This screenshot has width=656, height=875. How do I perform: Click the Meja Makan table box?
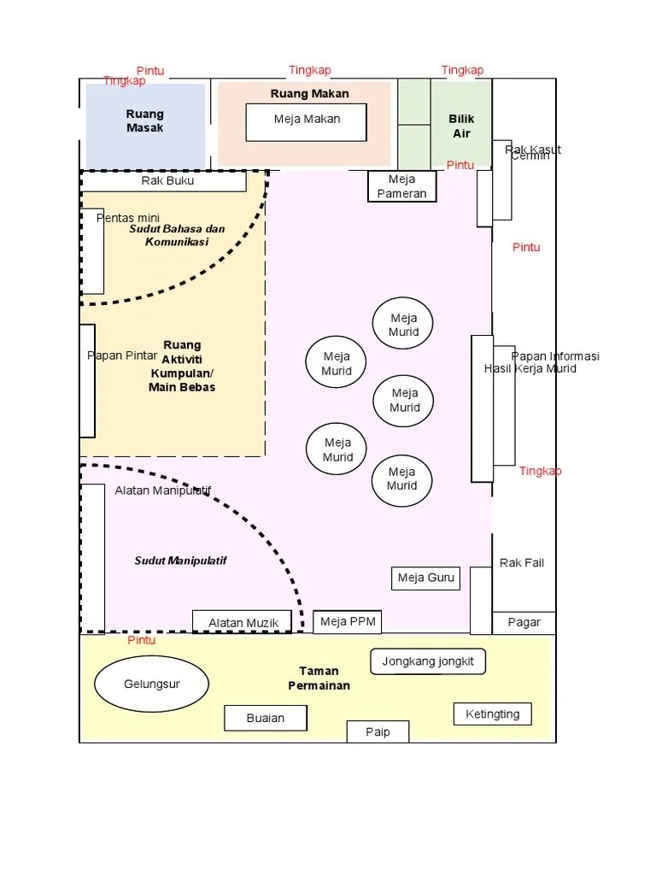pyautogui.click(x=306, y=121)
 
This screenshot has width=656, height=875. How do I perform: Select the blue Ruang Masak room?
pyautogui.click(x=145, y=125)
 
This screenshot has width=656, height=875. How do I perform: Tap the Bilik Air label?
pyautogui.click(x=461, y=126)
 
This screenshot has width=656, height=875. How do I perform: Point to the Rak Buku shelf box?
pyautogui.click(x=167, y=181)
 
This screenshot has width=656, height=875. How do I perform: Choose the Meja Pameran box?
pyautogui.click(x=401, y=186)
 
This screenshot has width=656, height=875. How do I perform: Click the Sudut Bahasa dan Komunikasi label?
pyautogui.click(x=177, y=235)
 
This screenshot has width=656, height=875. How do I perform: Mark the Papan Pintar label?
pyautogui.click(x=122, y=355)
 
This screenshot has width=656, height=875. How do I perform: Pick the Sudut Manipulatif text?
pyautogui.click(x=180, y=561)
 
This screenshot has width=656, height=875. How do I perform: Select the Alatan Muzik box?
pyautogui.click(x=243, y=623)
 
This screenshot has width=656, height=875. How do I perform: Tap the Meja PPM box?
pyautogui.click(x=347, y=621)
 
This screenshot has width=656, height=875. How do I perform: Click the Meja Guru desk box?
pyautogui.click(x=425, y=578)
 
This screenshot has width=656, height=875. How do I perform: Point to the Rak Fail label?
pyautogui.click(x=521, y=563)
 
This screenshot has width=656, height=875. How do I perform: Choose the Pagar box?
pyautogui.click(x=524, y=622)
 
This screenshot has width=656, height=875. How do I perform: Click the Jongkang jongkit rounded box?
pyautogui.click(x=428, y=661)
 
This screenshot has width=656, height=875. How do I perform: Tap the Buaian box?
pyautogui.click(x=265, y=718)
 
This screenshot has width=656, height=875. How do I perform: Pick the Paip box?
pyautogui.click(x=378, y=731)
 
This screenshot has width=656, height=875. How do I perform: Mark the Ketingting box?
pyautogui.click(x=492, y=714)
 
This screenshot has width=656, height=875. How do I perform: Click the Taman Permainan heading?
pyautogui.click(x=319, y=678)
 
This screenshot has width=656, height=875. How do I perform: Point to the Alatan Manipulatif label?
pyautogui.click(x=162, y=490)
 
